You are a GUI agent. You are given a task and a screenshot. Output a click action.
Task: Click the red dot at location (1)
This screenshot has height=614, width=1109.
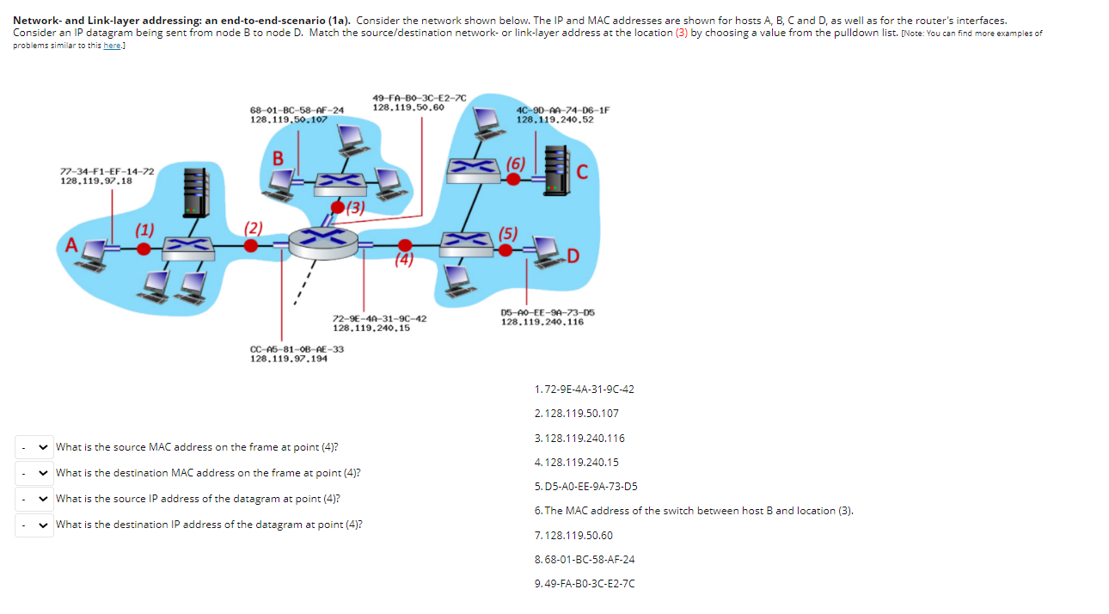[x=144, y=248]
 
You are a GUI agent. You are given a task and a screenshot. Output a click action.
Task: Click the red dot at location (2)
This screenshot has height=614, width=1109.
[x=251, y=246]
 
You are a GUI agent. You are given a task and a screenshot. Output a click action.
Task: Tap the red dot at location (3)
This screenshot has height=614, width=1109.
[x=338, y=206]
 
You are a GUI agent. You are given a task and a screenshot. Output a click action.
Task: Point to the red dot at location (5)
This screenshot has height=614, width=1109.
[x=507, y=250]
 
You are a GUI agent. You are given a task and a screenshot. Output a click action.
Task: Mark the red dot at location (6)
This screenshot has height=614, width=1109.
[x=513, y=179]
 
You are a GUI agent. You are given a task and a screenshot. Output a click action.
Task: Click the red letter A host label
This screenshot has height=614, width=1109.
[x=72, y=245]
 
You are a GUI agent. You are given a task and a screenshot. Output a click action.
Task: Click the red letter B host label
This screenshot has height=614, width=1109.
[x=278, y=159]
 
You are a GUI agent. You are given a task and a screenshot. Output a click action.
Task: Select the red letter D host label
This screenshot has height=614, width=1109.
[x=573, y=256]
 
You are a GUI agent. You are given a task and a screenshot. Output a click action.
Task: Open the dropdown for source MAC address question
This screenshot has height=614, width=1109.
[x=34, y=447]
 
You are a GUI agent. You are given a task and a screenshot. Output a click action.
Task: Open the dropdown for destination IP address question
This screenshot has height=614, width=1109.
[x=34, y=525]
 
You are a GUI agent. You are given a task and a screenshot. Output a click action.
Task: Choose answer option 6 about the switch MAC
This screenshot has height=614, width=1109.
[x=693, y=511]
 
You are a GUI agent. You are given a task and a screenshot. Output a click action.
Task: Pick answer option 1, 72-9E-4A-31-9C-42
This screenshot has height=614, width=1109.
[x=584, y=390]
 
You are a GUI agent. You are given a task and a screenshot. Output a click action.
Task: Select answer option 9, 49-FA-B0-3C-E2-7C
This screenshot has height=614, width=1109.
[x=585, y=584]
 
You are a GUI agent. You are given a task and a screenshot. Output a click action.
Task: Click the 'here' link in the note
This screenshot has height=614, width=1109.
[x=112, y=46]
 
